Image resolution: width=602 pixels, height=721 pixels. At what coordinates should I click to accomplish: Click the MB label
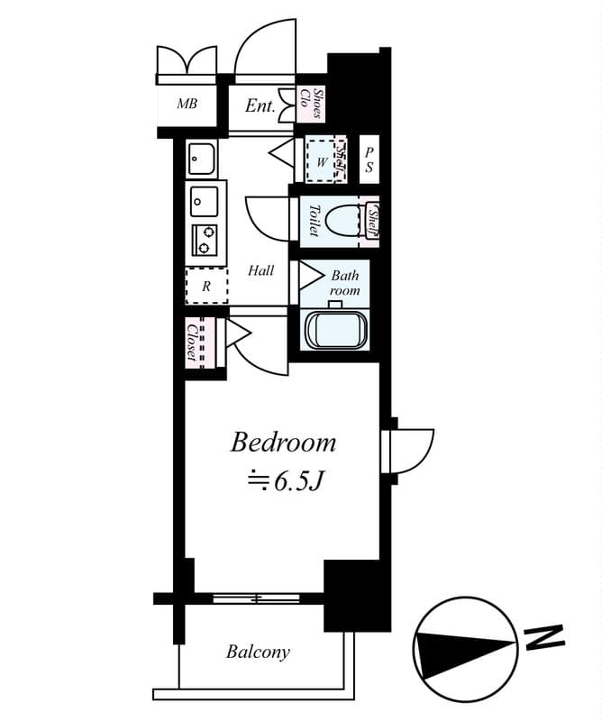tap(187, 104)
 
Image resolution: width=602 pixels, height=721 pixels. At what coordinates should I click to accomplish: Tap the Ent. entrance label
tap(260, 105)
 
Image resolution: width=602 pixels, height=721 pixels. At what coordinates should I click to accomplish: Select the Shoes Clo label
tap(311, 103)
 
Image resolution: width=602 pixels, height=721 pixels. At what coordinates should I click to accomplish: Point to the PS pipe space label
tap(369, 160)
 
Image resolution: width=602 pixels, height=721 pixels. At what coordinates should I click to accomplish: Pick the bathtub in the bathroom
tap(337, 330)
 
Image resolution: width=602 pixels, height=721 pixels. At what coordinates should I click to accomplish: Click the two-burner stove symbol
tap(205, 239)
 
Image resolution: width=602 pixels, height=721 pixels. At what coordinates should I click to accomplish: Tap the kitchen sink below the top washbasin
tap(205, 201)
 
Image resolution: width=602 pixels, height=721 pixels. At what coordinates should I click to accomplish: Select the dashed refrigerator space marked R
tap(207, 285)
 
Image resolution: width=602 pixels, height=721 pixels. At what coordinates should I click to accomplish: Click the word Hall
tap(260, 270)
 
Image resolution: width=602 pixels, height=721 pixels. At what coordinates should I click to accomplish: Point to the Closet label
tap(192, 342)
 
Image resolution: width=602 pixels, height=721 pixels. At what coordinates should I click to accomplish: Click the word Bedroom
tap(283, 443)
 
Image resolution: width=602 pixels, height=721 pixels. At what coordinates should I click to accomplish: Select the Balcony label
tap(258, 652)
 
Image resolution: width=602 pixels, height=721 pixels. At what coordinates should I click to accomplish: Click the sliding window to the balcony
tap(256, 598)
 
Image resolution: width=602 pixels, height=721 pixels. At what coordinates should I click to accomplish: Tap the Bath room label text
tap(345, 283)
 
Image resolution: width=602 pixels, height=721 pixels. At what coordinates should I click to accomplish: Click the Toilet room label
tap(314, 220)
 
